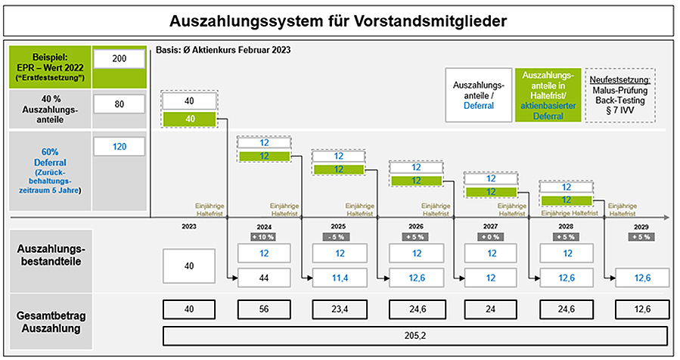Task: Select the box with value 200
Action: click(x=120, y=58)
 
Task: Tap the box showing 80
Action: click(x=120, y=104)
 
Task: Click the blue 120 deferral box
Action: click(x=120, y=147)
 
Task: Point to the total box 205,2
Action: click(x=415, y=336)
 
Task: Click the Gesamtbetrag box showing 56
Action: click(x=264, y=309)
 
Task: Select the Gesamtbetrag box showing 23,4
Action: click(x=340, y=309)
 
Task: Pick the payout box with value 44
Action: click(x=264, y=278)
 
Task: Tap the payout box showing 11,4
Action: click(x=340, y=278)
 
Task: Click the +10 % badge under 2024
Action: click(x=264, y=237)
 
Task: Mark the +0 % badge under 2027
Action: click(x=490, y=237)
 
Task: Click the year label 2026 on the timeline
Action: click(x=416, y=226)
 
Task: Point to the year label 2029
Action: click(x=641, y=227)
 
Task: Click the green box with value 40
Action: click(x=190, y=119)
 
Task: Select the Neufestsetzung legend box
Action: click(x=620, y=95)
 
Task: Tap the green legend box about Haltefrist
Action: click(x=548, y=95)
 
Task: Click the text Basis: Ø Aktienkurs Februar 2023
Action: click(x=223, y=50)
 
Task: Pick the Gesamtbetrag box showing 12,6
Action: click(x=642, y=309)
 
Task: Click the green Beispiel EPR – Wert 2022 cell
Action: click(x=50, y=67)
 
